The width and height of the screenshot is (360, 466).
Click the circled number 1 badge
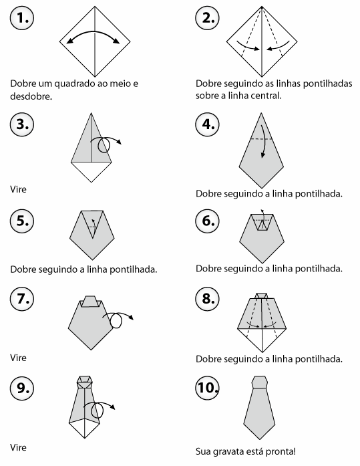(22, 18)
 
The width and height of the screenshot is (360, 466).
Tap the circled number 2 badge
(208, 18)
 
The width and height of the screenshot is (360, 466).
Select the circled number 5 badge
(22, 221)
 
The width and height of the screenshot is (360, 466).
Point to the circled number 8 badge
(208, 298)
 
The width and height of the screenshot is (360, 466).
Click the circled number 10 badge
(208, 388)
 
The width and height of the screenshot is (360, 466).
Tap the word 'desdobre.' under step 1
(31, 96)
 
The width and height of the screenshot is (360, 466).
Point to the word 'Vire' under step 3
(19, 189)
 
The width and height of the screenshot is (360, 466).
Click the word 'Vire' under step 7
(19, 358)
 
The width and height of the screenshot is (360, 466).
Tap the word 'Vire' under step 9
(19, 447)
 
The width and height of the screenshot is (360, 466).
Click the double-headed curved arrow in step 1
(94, 31)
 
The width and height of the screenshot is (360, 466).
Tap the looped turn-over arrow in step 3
(105, 138)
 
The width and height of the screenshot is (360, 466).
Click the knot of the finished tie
(260, 382)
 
